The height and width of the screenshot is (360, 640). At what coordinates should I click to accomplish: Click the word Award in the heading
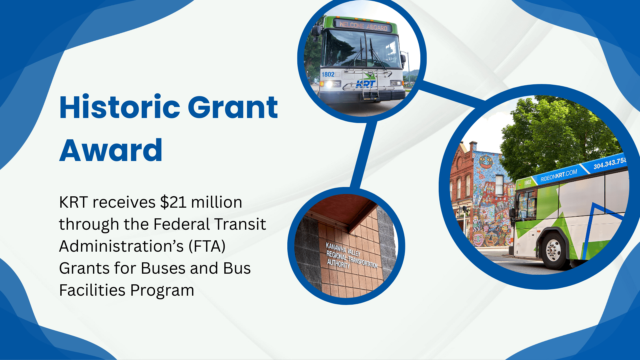pyautogui.click(x=111, y=150)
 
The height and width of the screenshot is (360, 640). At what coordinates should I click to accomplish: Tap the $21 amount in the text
pyautogui.click(x=173, y=202)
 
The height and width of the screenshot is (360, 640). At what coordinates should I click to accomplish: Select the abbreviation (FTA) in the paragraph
pyautogui.click(x=207, y=246)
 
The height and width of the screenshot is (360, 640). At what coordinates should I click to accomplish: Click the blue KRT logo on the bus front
pyautogui.click(x=366, y=84)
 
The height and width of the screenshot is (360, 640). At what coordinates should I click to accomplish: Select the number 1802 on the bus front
pyautogui.click(x=328, y=74)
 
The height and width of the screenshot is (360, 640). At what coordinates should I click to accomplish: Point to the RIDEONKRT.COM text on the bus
pyautogui.click(x=559, y=175)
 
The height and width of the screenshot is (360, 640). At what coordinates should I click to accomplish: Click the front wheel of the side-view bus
pyautogui.click(x=553, y=250)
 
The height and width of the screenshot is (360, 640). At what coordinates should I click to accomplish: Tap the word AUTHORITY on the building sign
pyautogui.click(x=338, y=264)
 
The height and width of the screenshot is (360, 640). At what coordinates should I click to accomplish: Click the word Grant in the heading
pyautogui.click(x=233, y=107)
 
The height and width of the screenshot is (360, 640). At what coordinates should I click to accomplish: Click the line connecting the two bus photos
pyautogui.click(x=451, y=94)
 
